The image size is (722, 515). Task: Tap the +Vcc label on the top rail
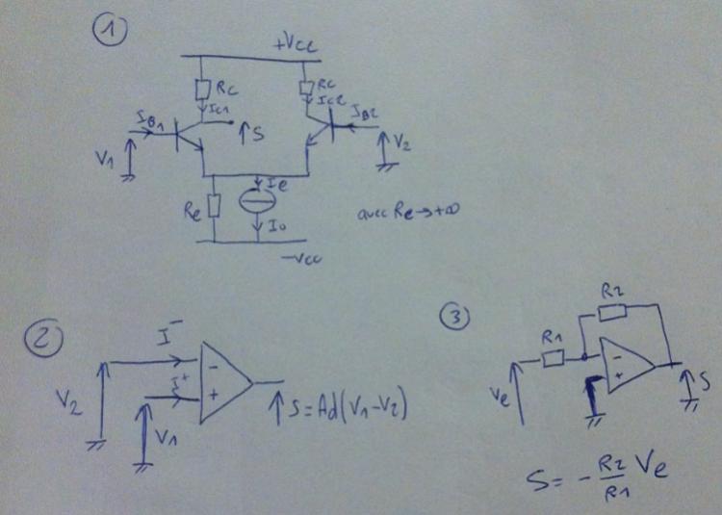coord(294,43)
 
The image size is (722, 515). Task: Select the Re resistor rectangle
coord(215,205)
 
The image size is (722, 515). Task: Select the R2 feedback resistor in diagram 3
coord(613,309)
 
